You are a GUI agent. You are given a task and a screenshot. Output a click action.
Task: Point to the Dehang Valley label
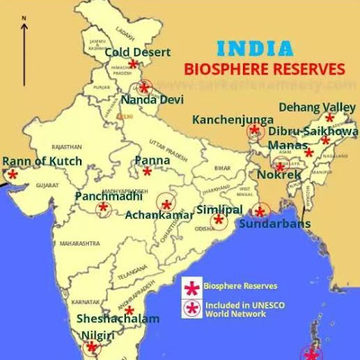pos(317,107)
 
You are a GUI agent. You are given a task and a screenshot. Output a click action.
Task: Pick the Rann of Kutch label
pos(41,161)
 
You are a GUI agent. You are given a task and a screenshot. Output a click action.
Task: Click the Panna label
pos(151,160)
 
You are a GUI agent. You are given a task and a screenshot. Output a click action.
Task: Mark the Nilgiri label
pos(95,336)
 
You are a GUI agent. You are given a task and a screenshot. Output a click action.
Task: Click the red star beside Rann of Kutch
pos(12,175)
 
